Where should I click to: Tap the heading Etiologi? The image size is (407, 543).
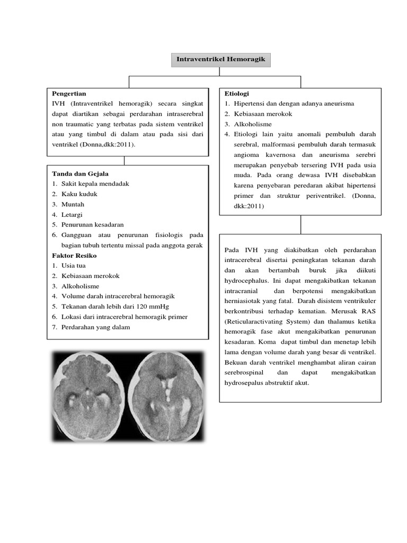coord(236,93)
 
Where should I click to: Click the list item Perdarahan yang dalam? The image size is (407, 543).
coord(95,327)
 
